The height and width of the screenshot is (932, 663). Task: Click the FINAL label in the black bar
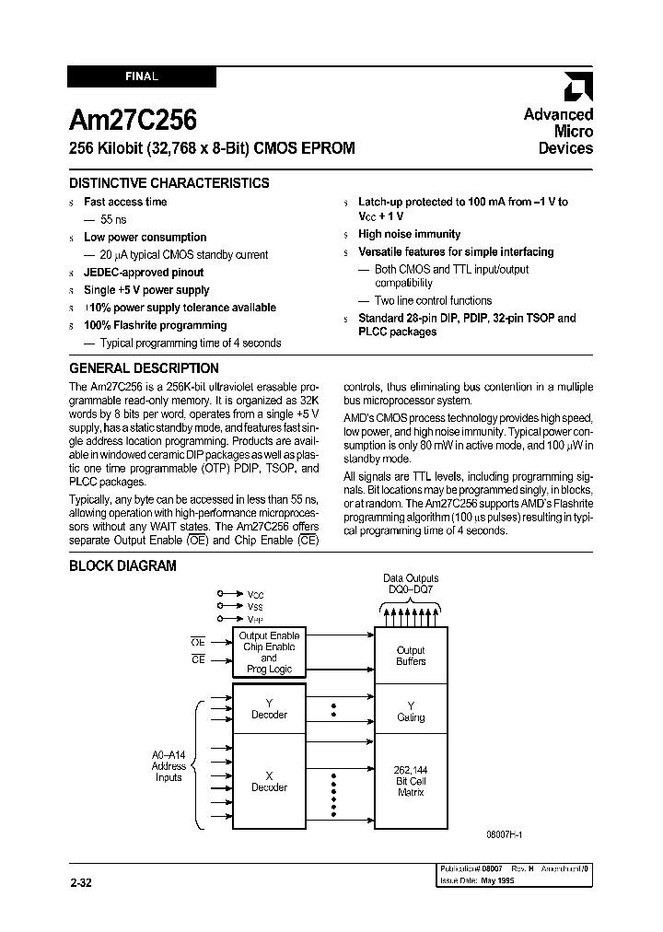[142, 78]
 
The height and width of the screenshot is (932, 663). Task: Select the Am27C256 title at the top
[133, 121]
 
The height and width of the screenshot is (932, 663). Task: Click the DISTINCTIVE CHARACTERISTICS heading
[169, 182]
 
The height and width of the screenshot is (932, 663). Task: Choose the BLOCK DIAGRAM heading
[122, 565]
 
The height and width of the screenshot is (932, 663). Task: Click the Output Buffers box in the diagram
[411, 655]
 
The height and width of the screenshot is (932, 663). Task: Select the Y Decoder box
[269, 708]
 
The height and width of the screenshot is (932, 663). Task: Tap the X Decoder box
[269, 781]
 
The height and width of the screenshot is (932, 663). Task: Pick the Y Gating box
[411, 711]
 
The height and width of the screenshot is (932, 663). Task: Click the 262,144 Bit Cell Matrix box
[411, 780]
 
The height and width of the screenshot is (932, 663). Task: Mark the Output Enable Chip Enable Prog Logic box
[269, 652]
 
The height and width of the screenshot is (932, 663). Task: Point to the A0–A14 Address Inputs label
[169, 765]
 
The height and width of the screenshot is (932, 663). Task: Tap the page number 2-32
[81, 882]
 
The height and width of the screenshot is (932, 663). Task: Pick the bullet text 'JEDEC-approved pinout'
[144, 273]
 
